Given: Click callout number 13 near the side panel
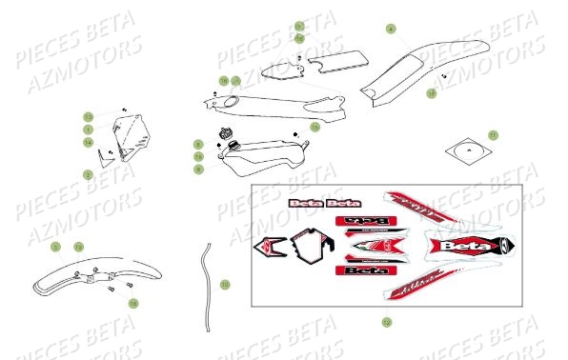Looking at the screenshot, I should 88,116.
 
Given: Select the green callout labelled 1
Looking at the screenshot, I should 88,129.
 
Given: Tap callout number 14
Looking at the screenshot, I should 88,142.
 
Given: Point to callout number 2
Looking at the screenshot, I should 88,174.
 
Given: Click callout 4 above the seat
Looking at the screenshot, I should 391,30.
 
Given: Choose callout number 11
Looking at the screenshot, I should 493,134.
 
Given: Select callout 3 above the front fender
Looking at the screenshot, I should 55,248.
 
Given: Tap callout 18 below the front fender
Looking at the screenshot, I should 132,303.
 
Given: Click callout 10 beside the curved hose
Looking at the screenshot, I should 225,284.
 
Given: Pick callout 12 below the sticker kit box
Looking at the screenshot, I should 386,322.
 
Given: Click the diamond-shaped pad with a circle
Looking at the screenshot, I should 466,149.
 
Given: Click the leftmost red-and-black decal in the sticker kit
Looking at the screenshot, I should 270,249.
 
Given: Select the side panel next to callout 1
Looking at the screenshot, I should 128,135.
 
